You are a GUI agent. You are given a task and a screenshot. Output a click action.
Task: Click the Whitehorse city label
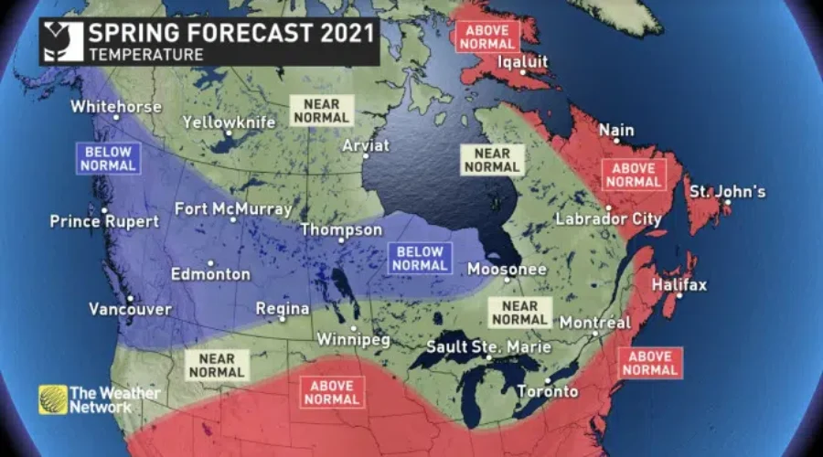coord(116,107)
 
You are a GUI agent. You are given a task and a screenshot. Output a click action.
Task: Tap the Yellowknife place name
coord(229,122)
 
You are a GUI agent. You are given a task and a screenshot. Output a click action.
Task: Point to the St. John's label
coord(728,192)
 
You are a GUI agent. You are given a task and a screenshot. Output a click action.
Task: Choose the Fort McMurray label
coord(233,208)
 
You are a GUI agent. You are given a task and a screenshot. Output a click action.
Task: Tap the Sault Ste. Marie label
coord(489,347)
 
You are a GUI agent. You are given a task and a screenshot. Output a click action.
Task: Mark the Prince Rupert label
coord(104,221)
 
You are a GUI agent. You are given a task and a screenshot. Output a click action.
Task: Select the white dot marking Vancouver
coord(130,298)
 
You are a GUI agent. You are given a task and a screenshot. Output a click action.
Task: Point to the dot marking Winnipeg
coord(353,328)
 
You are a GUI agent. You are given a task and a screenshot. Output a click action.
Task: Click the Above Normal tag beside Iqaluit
coord(486,36)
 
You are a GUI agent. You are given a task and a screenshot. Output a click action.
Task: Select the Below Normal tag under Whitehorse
coord(108,158)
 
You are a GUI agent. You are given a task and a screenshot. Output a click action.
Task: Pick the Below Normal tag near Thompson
coord(418,259)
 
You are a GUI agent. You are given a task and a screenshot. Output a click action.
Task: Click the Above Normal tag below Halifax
coord(650,363)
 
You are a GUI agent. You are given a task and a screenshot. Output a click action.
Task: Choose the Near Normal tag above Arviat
coord(320,111)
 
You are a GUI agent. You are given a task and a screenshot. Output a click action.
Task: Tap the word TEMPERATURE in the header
coord(145,55)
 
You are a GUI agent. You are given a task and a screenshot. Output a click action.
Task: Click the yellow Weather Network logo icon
coord(53,399)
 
